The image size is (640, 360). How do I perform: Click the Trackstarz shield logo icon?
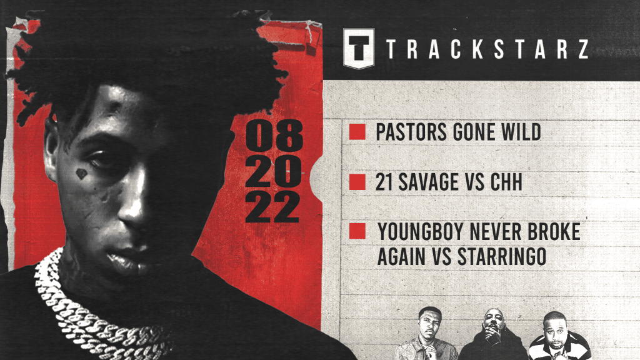(x=359, y=48)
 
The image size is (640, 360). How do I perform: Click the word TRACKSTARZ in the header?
(x=487, y=49)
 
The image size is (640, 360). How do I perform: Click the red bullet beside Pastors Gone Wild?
(x=357, y=132)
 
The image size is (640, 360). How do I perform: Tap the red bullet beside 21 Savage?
(x=357, y=182)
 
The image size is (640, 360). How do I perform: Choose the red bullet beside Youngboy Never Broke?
(x=357, y=232)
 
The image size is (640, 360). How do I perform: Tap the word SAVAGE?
(x=431, y=182)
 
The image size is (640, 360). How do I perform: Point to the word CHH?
(x=509, y=182)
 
